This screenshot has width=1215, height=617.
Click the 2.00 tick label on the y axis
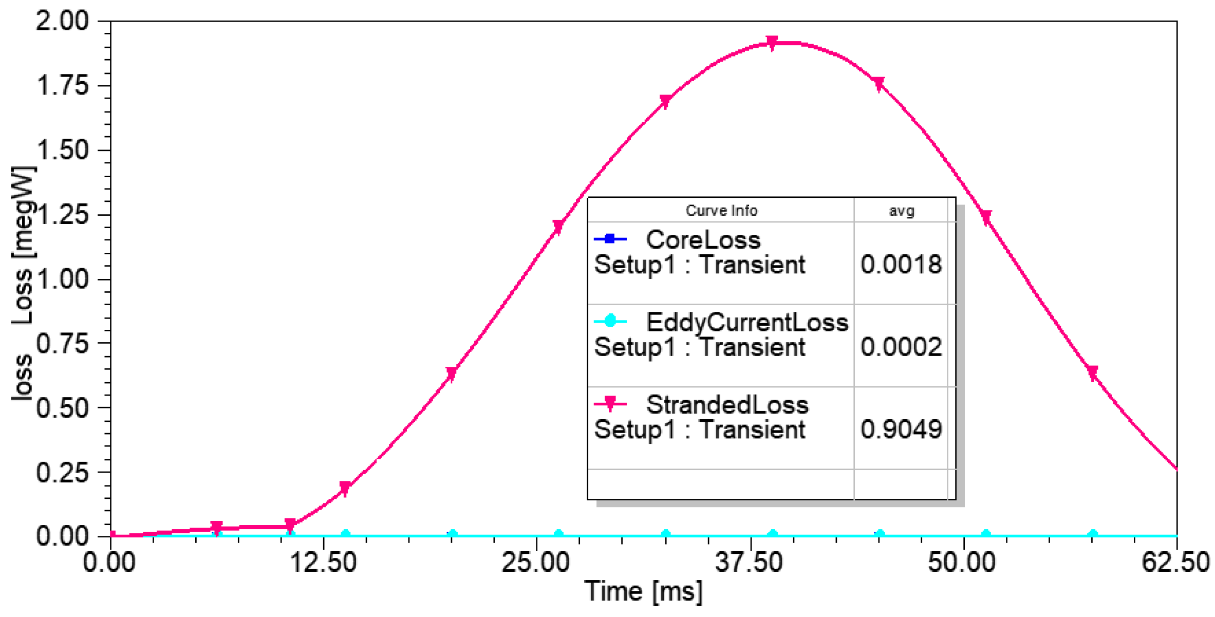click(62, 22)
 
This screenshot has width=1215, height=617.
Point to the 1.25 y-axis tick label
click(62, 215)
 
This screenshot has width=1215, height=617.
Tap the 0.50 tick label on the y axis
click(62, 408)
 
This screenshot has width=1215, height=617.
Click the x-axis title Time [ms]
click(643, 591)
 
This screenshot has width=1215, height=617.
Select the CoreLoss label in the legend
click(703, 240)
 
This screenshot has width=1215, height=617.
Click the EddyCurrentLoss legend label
click(747, 323)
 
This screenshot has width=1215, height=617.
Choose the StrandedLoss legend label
click(727, 405)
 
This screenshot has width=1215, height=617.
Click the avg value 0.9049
click(901, 429)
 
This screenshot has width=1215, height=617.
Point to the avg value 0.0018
click(901, 265)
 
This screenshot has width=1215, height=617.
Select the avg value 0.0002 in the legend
click(901, 347)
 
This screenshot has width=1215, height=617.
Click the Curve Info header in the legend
click(721, 211)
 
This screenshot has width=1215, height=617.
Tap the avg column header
click(902, 211)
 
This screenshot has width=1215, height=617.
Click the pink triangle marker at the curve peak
click(772, 43)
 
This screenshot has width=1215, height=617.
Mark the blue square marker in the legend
click(610, 239)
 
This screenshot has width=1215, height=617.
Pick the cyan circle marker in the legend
click(610, 322)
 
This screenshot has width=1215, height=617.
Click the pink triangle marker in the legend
click(610, 404)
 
